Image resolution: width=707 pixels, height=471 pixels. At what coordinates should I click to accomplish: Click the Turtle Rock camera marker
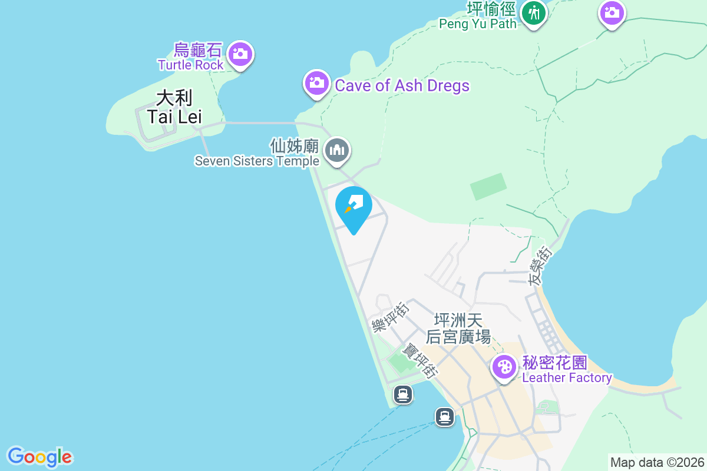point(239,54)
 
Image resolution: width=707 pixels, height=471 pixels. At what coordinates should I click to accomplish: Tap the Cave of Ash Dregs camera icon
point(316,83)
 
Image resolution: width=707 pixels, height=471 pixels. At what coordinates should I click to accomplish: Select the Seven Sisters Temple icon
point(337,150)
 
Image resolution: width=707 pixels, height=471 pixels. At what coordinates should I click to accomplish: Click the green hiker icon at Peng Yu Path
point(534,12)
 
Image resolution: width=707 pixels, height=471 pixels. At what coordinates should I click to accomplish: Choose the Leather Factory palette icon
point(504,367)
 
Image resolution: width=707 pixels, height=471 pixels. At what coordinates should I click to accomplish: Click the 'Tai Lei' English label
point(174,117)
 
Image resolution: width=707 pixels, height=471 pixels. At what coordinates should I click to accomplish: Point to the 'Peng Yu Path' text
point(478,24)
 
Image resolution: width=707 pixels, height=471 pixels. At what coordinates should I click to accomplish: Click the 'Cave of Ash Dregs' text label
point(402,85)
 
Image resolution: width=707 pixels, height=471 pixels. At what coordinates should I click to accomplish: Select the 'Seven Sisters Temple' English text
point(257,161)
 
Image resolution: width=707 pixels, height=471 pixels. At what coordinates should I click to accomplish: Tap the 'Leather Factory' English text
point(567,377)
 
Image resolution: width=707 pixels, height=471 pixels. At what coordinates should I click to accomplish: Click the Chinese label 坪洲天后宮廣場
point(458,329)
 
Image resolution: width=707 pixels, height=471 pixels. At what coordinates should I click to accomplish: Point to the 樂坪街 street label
point(390,317)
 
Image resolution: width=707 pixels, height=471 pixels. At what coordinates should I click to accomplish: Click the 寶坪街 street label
point(419,360)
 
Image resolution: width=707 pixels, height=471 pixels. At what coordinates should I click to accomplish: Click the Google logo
point(39,456)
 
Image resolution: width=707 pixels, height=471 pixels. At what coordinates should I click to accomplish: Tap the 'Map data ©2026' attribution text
point(656,462)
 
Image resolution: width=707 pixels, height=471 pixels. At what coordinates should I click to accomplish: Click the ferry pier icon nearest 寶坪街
point(404,394)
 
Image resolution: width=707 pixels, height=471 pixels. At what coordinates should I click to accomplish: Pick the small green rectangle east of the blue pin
point(488,187)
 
